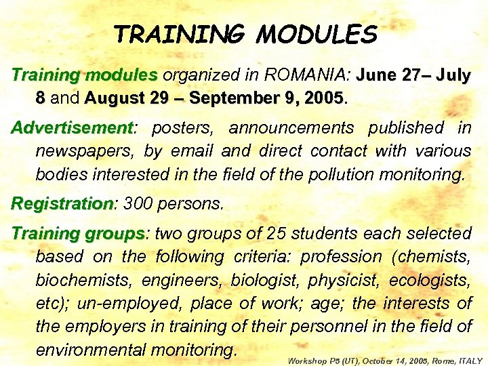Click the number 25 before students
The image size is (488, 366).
coord(277,234)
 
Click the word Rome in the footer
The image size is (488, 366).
coord(441,361)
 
